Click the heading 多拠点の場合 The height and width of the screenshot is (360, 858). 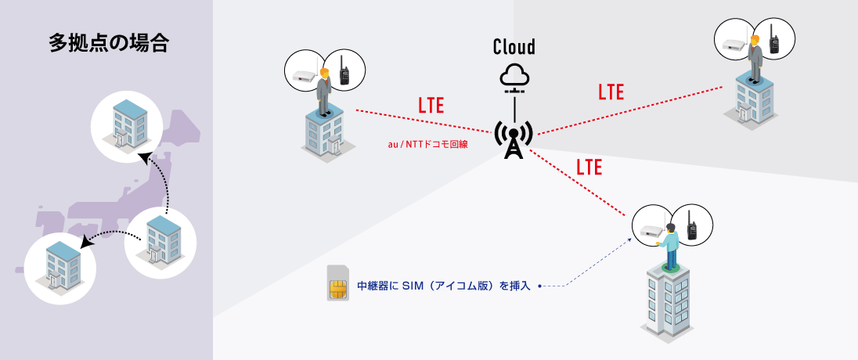pyautogui.click(x=109, y=43)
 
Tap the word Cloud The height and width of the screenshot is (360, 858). pyautogui.click(x=514, y=47)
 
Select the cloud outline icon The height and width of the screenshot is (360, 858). pyautogui.click(x=514, y=75)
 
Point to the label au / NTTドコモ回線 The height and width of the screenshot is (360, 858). pyautogui.click(x=427, y=144)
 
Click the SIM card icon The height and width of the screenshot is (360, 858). pyautogui.click(x=337, y=283)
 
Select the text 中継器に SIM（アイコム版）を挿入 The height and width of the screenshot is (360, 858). pyautogui.click(x=444, y=286)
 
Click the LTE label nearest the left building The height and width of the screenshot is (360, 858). pyautogui.click(x=431, y=106)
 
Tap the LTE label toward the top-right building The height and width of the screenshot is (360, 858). pyautogui.click(x=611, y=92)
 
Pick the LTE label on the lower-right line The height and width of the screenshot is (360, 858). pyautogui.click(x=589, y=167)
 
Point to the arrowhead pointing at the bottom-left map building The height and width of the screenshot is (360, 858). pyautogui.click(x=88, y=242)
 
